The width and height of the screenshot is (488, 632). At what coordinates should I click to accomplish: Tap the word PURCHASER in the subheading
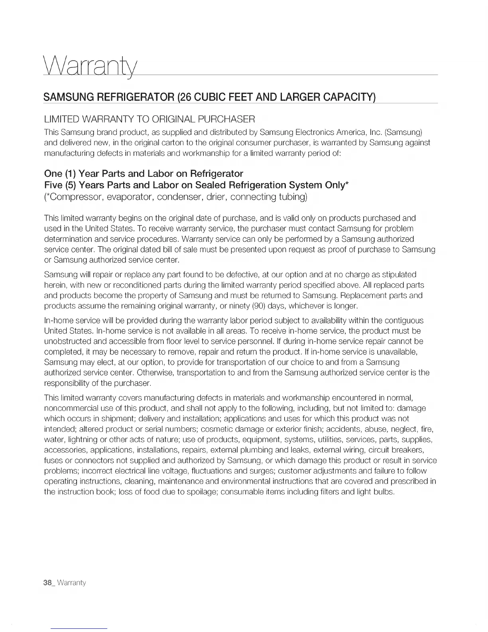pyautogui.click(x=222, y=119)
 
